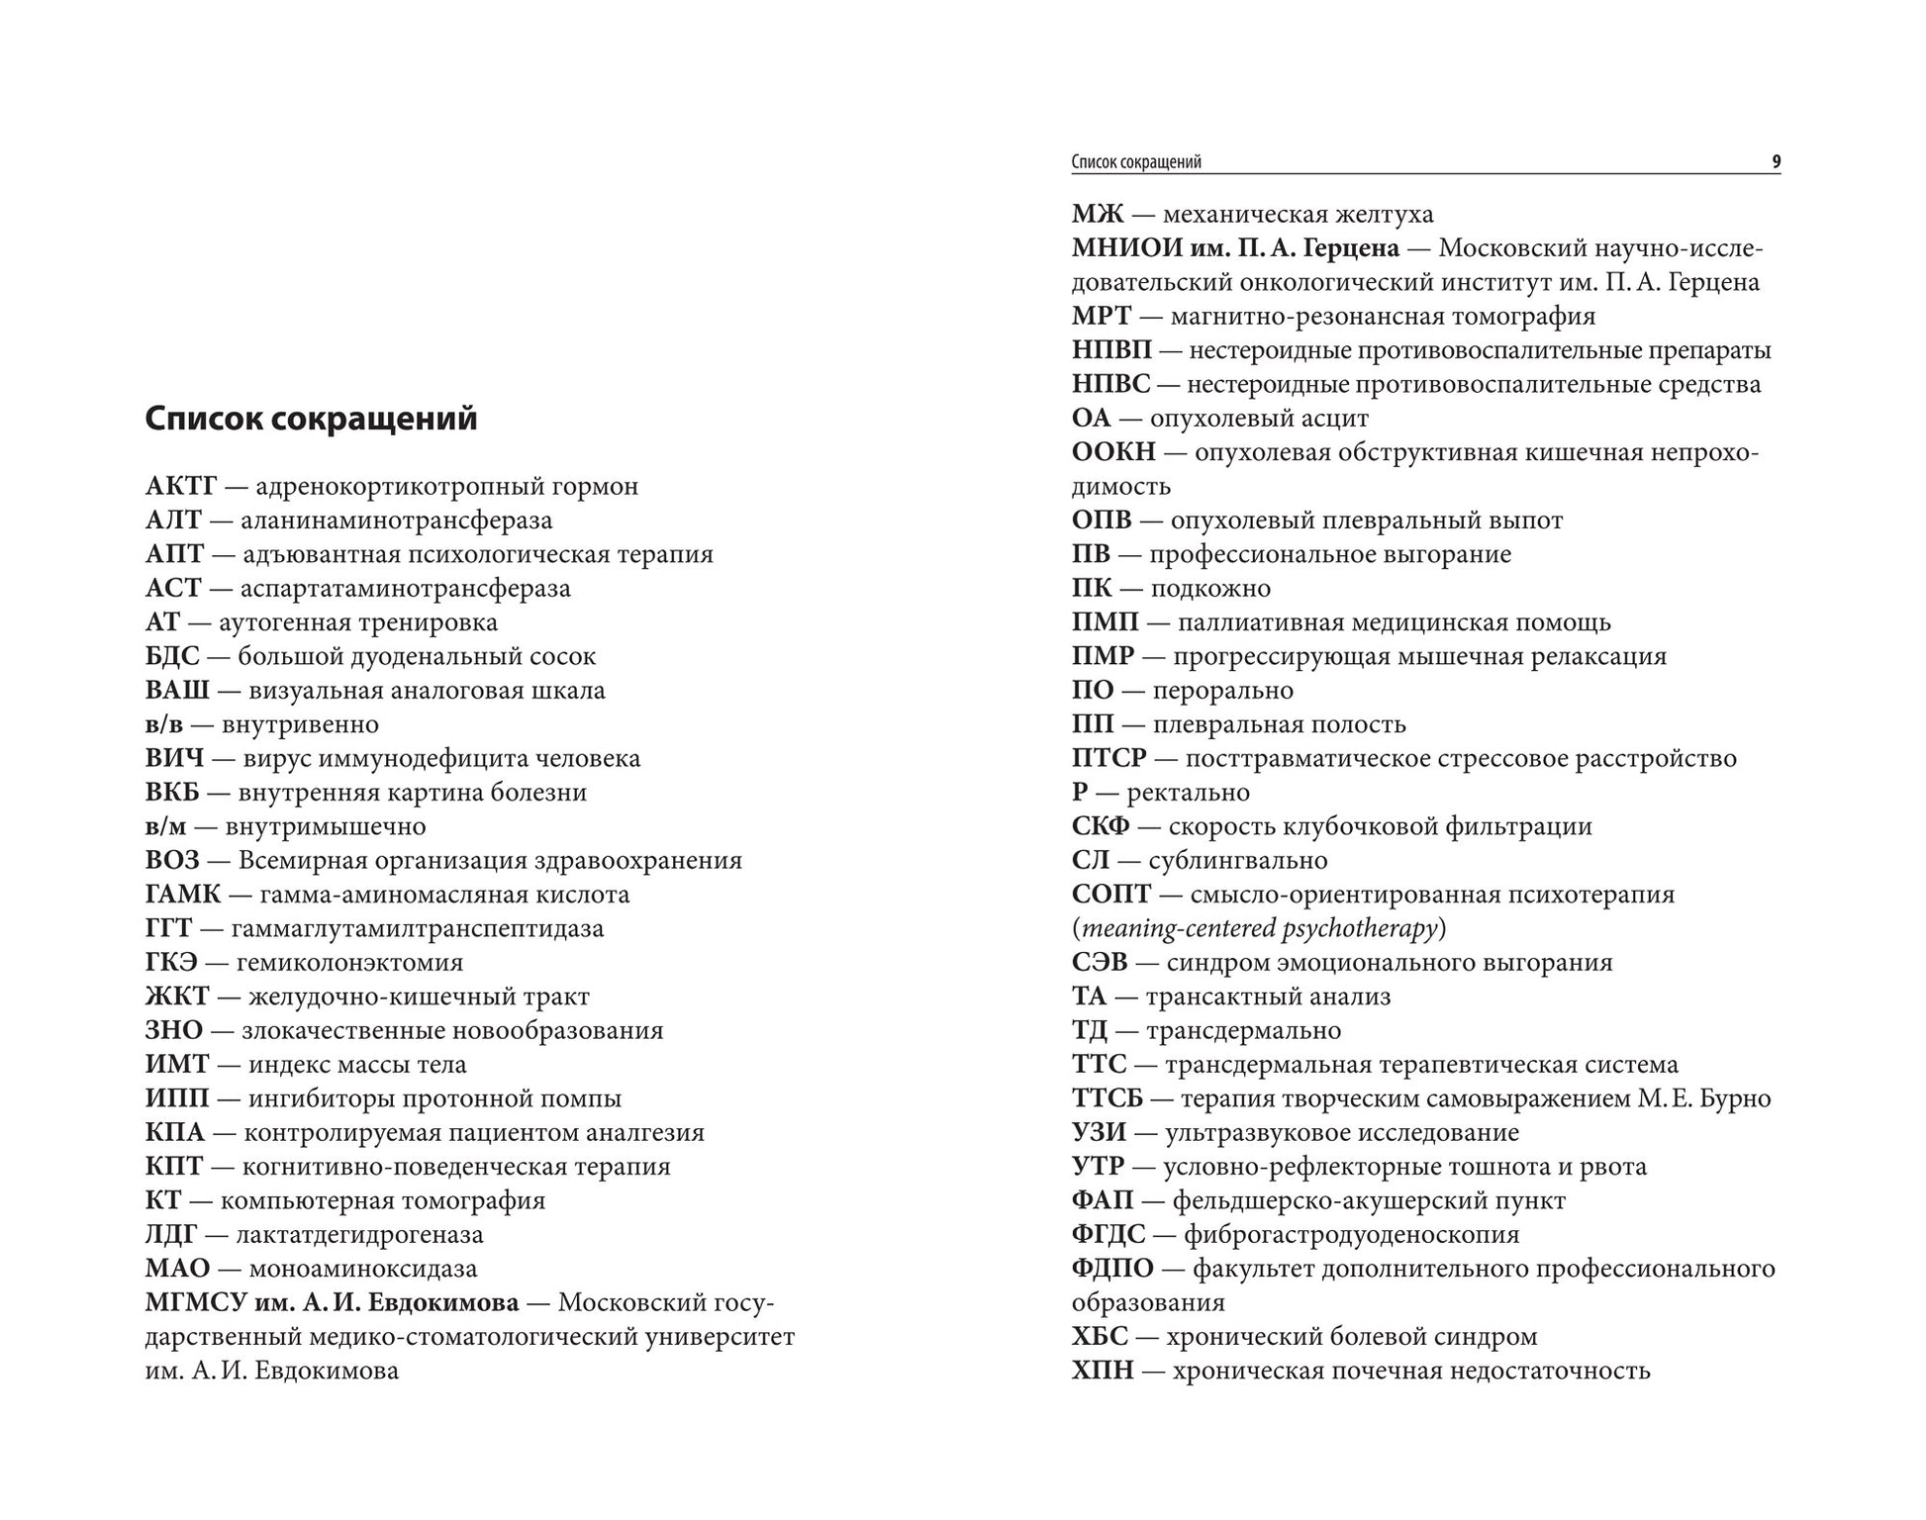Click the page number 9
1776,162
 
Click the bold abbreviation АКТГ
180,487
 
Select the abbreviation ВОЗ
172,861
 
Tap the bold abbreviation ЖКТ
177,997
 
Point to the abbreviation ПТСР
1108,759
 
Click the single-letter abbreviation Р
1080,793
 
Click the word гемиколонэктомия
349,963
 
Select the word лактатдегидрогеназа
359,1235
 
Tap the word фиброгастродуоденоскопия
1351,1235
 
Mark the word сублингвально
1238,861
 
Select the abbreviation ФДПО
1112,1269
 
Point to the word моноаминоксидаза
363,1269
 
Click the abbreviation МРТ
1101,317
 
